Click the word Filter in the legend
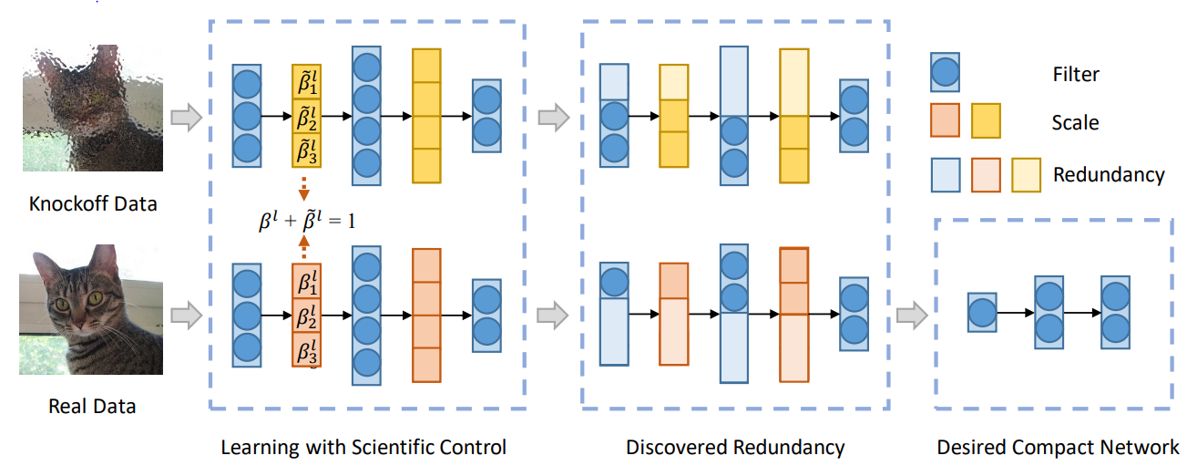1076,74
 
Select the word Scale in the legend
1075,122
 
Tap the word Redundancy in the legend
1109,174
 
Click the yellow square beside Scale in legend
987,120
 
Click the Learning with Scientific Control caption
363,447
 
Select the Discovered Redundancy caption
735,447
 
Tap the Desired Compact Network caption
1058,447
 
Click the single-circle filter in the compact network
981,314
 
